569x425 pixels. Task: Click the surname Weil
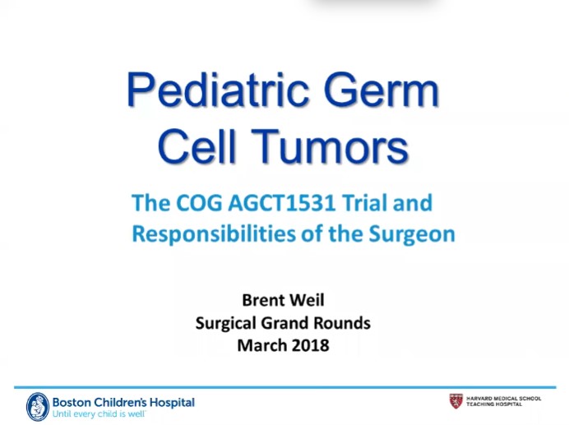tap(310, 301)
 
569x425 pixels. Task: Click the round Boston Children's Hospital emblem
tap(38, 406)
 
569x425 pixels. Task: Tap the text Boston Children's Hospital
tap(123, 402)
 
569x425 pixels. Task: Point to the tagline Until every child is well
tap(99, 414)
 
